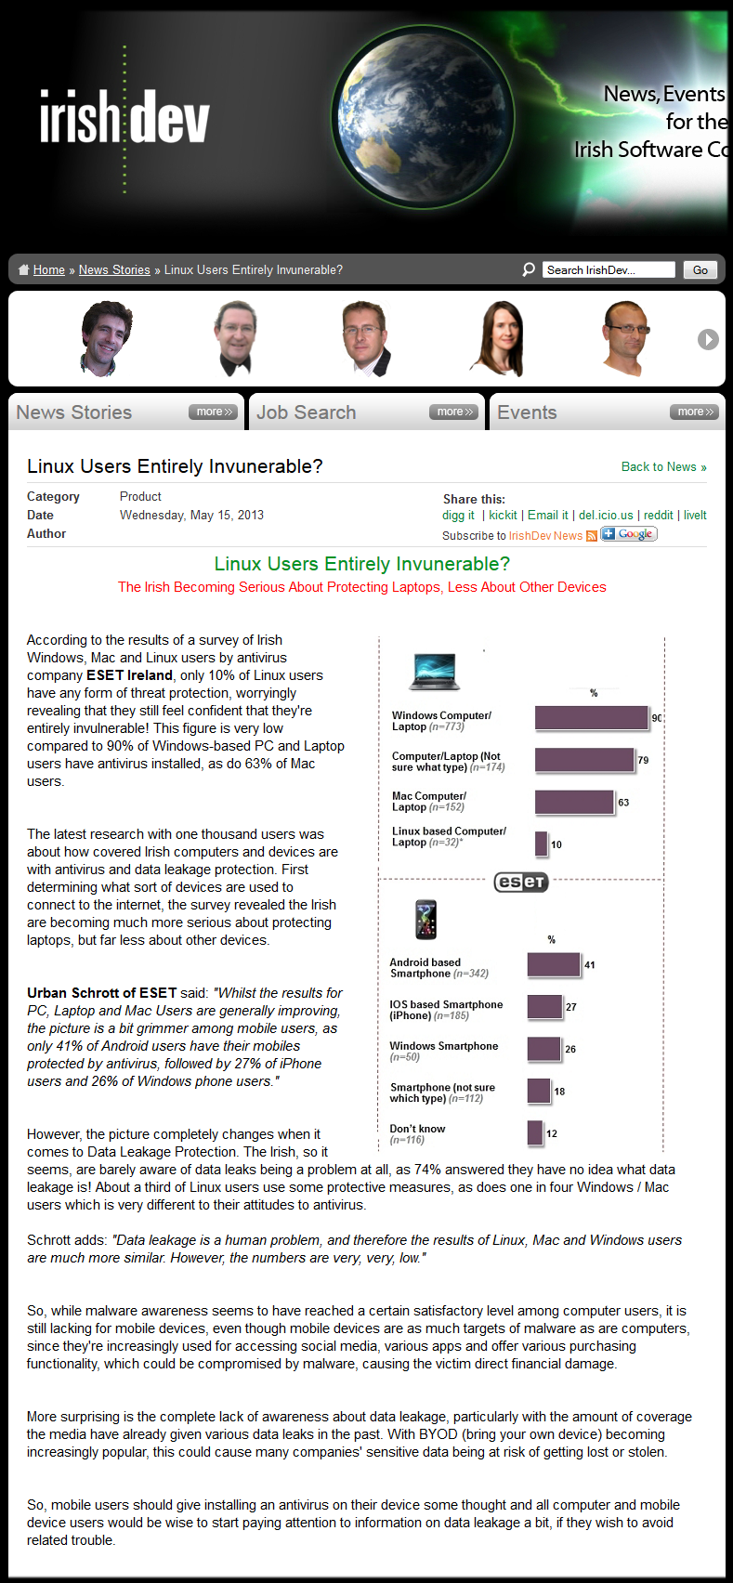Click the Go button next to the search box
tap(700, 270)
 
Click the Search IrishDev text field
tap(609, 270)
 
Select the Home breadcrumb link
tap(48, 270)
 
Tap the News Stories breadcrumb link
tap(114, 270)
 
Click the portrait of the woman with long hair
tap(501, 338)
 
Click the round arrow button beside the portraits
tap(708, 339)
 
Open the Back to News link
tap(663, 467)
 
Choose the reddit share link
tap(658, 516)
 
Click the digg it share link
tap(458, 516)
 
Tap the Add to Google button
tap(629, 534)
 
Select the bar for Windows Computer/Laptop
tap(591, 717)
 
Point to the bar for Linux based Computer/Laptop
tap(541, 844)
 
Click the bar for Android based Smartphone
tap(554, 964)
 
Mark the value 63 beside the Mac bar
tap(623, 803)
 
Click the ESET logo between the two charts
tap(521, 882)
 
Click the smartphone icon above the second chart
tap(425, 919)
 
